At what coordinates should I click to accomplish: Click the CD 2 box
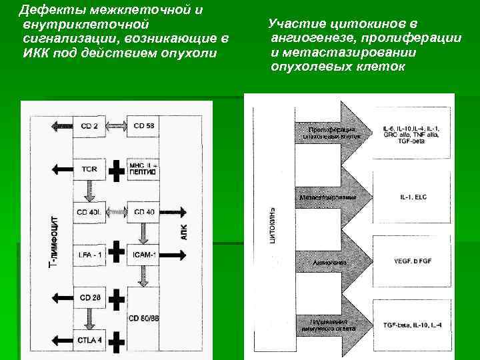point(89,126)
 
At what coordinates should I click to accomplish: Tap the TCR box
point(89,169)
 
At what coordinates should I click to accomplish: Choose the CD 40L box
point(89,212)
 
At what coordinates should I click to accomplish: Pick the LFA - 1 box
point(89,254)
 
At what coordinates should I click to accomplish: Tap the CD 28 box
point(89,297)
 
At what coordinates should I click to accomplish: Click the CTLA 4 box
point(89,341)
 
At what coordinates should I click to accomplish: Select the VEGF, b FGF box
point(409,261)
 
